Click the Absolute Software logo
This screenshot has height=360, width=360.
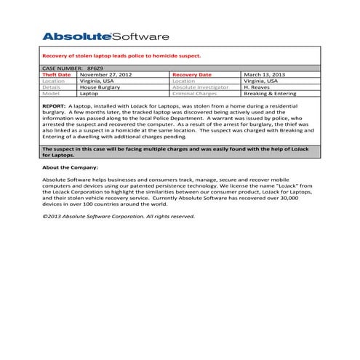click(x=105, y=36)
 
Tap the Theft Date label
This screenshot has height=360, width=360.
click(x=57, y=74)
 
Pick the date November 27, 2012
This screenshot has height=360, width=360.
click(x=105, y=74)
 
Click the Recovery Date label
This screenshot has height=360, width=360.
click(x=193, y=74)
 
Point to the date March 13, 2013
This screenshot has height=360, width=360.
click(x=265, y=74)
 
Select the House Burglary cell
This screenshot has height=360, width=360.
click(x=100, y=87)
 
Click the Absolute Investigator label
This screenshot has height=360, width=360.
click(x=200, y=87)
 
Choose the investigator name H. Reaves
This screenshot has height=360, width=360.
click(x=257, y=87)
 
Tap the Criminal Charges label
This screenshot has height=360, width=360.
click(x=196, y=93)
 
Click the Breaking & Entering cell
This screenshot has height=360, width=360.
click(x=271, y=93)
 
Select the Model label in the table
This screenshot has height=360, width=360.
click(x=51, y=93)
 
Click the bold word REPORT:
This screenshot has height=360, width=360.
click(x=54, y=105)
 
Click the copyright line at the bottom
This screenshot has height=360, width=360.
click(x=118, y=216)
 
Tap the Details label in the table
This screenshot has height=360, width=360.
click(x=52, y=87)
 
